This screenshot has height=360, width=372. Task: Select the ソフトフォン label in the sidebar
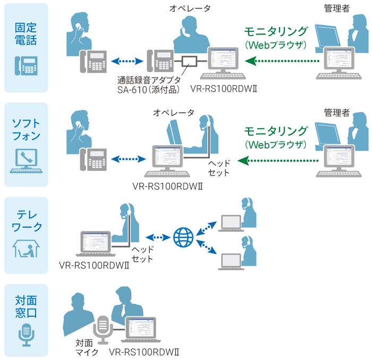[26, 129]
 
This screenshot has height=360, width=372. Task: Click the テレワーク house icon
[26, 249]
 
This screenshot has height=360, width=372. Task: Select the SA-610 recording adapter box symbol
[189, 62]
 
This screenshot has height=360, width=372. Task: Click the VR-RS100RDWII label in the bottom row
[143, 351]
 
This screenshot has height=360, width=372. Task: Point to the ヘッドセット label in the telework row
[142, 254]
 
